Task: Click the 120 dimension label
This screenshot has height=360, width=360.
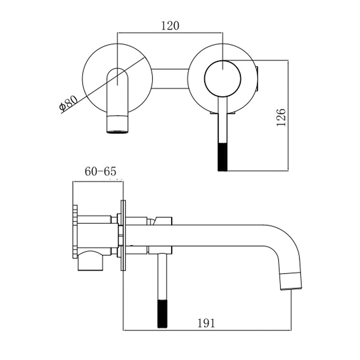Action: tap(170, 26)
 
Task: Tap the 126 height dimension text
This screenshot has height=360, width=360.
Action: tap(281, 117)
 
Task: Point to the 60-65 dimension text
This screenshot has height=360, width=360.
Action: tap(100, 171)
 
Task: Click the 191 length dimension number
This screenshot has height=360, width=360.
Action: tap(206, 323)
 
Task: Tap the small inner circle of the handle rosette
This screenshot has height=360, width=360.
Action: tap(222, 78)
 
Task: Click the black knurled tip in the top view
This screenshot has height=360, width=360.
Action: tap(222, 157)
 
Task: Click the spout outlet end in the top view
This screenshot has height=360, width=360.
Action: tap(117, 125)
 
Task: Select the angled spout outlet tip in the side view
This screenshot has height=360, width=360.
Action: tap(291, 281)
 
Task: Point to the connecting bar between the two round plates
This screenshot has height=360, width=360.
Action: tap(170, 78)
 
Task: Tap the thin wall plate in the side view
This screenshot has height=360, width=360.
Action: tap(123, 235)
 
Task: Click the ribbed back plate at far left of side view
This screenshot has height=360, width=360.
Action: tap(75, 231)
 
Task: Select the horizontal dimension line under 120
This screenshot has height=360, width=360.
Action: tap(170, 33)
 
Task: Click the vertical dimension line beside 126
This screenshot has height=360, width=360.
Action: tap(288, 116)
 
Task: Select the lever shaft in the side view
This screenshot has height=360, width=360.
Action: tap(162, 276)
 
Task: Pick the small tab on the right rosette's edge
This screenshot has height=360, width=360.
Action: tap(257, 78)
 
